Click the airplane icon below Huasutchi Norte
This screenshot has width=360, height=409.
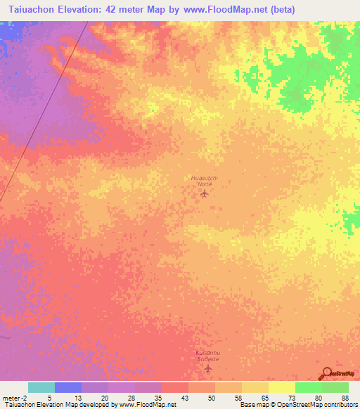(x=205, y=193)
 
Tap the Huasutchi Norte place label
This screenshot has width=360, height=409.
(x=205, y=181)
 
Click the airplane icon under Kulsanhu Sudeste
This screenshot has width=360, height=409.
(x=207, y=368)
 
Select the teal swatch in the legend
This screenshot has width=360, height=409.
(x=41, y=387)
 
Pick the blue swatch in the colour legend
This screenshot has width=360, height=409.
(x=68, y=387)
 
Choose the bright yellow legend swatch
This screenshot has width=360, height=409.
(x=281, y=387)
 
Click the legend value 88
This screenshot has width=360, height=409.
(x=345, y=398)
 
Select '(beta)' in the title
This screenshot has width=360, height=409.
(x=280, y=10)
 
